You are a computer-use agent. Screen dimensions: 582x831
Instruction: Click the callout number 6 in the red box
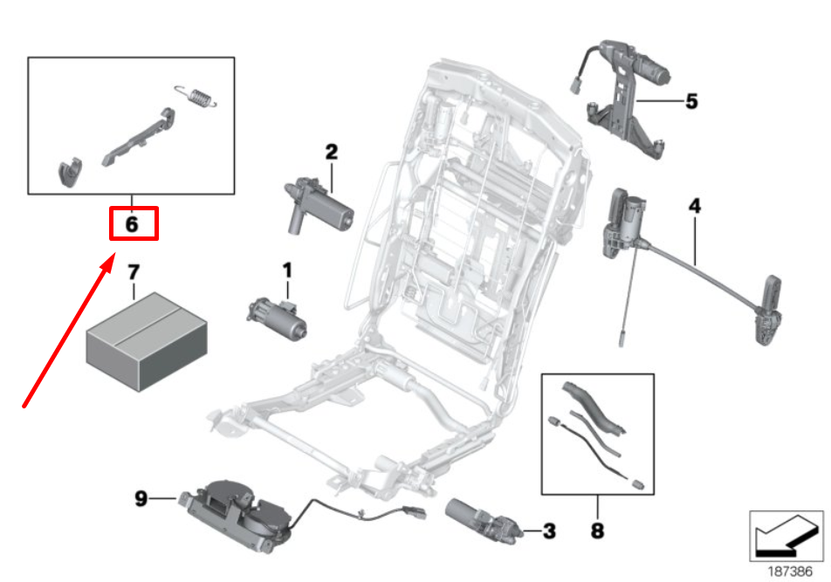[x=132, y=224]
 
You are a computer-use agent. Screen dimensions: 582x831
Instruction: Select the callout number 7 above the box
[x=134, y=273]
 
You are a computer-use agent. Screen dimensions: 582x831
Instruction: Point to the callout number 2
[x=331, y=152]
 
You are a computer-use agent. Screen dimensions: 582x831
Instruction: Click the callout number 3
[x=548, y=530]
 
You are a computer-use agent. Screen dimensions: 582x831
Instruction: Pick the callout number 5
[x=691, y=101]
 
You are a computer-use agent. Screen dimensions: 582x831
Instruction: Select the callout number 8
[x=598, y=529]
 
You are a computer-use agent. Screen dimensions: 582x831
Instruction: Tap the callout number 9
[x=141, y=499]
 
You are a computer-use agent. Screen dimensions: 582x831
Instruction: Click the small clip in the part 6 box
[x=71, y=172]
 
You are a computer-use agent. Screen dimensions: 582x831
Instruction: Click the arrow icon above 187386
[x=786, y=535]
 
